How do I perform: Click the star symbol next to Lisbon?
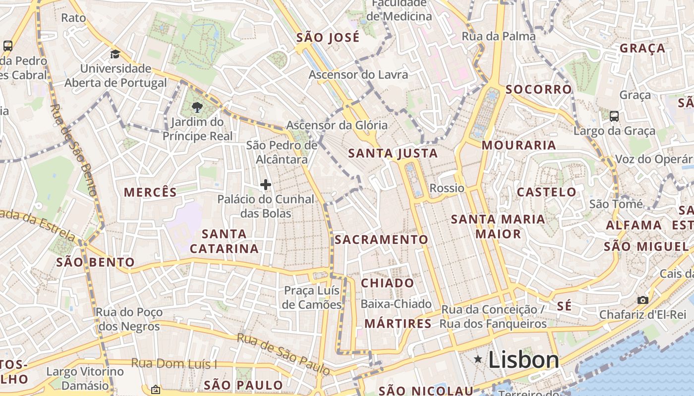478,359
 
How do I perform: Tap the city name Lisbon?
523,360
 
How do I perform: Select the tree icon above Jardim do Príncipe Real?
197,107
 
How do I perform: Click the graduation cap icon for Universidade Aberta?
115,54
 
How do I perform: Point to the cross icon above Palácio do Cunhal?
266,185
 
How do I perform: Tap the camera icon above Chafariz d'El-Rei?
642,300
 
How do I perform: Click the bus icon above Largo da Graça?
614,116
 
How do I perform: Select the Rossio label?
447,188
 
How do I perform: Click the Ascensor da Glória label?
337,125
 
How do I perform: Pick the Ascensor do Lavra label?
358,75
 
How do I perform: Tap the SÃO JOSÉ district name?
328,38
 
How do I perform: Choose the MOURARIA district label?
519,145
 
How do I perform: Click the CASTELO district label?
547,192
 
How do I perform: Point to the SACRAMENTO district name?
381,240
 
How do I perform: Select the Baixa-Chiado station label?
396,304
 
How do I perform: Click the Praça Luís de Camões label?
312,297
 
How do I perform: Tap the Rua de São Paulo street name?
283,354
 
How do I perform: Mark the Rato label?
73,18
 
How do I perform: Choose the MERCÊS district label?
150,192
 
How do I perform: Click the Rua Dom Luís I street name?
174,364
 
